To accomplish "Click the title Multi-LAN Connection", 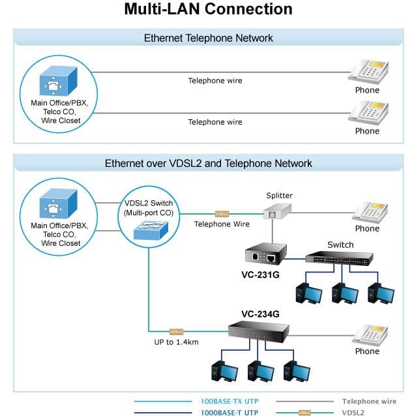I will coord(208,9).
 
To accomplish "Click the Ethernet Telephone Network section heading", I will coord(208,38).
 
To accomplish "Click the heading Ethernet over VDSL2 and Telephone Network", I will coord(208,164).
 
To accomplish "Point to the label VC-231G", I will coord(260,274).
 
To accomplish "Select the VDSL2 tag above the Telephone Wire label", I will coord(222,214).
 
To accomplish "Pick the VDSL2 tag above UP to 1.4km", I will coord(176,331).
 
